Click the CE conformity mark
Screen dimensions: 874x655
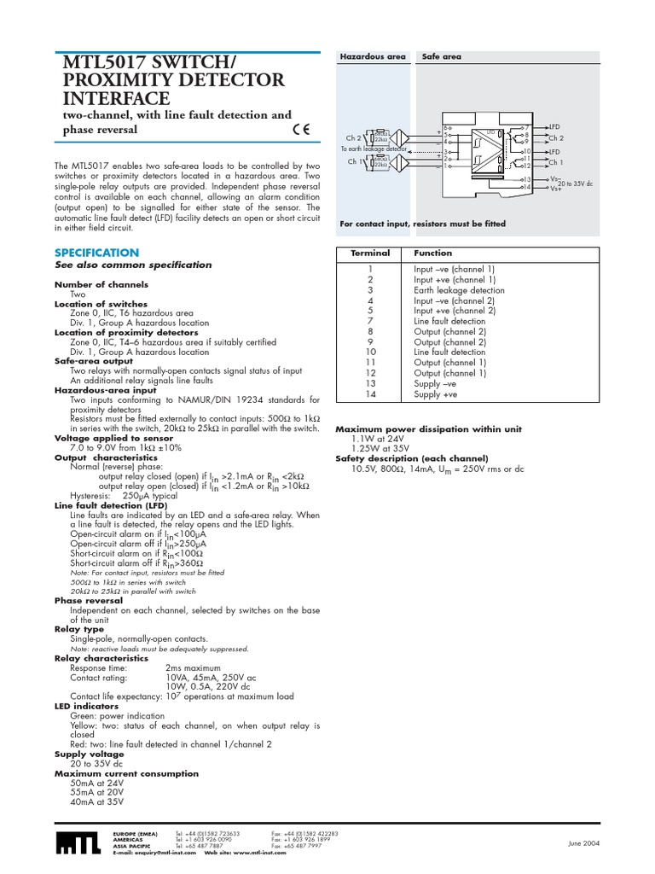300,131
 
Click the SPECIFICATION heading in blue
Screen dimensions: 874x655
96,253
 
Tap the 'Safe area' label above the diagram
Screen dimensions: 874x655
441,55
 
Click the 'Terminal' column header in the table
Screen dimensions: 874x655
370,253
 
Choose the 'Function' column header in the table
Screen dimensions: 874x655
433,253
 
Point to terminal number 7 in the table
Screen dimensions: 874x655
370,322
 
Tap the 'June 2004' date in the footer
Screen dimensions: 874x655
585,844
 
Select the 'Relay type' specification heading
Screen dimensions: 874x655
79,629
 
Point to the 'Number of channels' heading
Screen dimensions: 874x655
101,284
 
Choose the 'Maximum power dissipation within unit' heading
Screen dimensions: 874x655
428,429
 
